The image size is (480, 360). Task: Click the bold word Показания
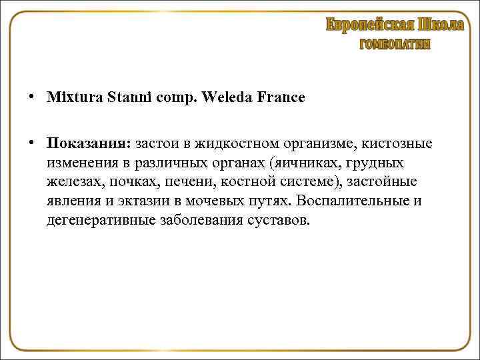(89, 144)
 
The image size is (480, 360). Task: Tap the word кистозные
(397, 144)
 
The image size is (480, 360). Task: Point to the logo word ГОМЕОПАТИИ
(395, 45)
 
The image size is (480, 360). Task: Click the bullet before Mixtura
(33, 97)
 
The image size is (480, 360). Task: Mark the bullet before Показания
(33, 144)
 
